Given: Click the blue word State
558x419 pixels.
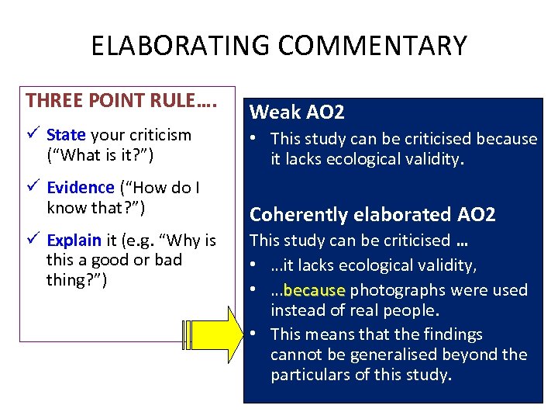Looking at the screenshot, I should click(66, 135).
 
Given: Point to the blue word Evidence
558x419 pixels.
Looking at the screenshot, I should click(81, 188).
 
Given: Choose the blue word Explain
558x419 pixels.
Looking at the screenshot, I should click(74, 241).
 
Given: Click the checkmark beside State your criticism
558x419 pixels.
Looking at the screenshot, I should click(33, 135).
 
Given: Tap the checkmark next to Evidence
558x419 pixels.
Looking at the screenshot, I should click(33, 188).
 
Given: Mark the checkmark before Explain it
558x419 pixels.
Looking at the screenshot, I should click(33, 241).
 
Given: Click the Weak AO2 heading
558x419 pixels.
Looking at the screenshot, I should click(297, 113).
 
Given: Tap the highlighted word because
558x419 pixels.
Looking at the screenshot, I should click(314, 290).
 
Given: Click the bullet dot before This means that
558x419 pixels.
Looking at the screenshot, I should click(255, 334).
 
